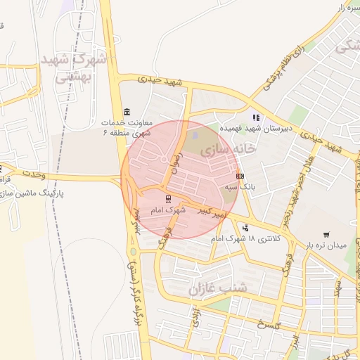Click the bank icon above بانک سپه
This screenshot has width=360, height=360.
[240, 176]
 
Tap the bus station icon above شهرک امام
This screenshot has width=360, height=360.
[167, 199]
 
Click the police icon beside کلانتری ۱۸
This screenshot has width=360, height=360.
[245, 227]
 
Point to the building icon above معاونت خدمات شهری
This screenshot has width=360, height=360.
[126, 112]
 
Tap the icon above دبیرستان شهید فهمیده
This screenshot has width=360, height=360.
[256, 117]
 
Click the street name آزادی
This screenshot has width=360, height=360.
[196, 317]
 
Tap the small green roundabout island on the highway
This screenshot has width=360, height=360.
[133, 251]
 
